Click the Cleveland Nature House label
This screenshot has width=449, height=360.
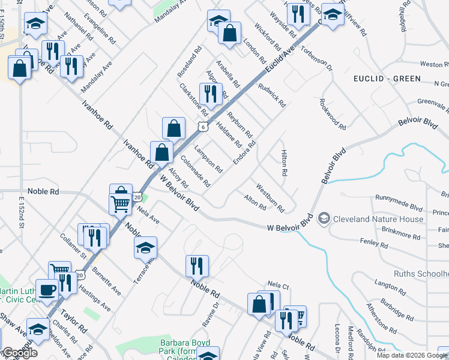(x=378, y=218)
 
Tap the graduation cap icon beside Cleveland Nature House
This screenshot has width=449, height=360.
(x=325, y=218)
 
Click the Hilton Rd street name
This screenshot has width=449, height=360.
(x=284, y=163)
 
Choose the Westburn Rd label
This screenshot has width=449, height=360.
(x=270, y=197)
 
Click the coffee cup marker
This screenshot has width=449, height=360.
(x=47, y=290)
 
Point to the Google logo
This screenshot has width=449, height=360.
(x=20, y=353)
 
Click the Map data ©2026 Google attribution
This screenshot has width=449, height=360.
(x=412, y=355)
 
